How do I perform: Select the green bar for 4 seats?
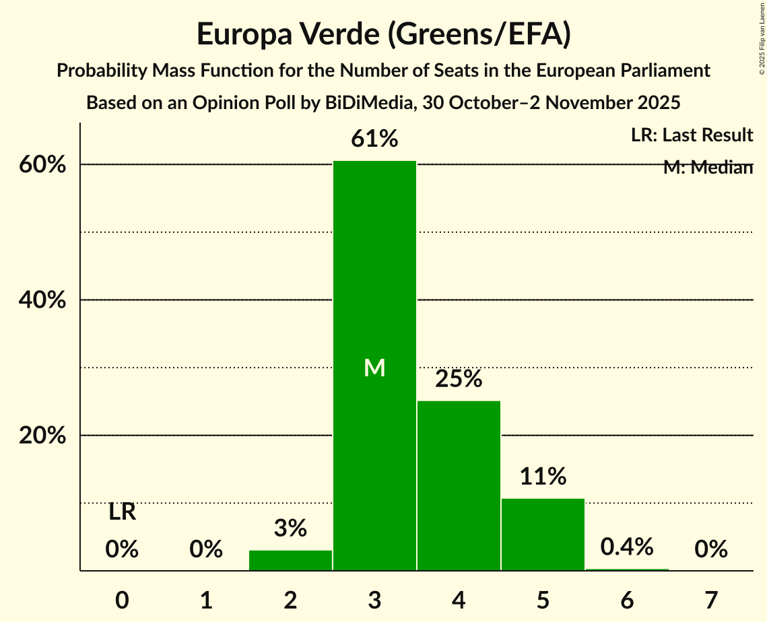[x=459, y=485]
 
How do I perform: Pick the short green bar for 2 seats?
[x=290, y=560]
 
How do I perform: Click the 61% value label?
[x=374, y=139]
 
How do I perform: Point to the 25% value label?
[x=459, y=379]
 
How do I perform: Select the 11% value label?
[x=543, y=477]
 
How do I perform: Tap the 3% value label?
[x=290, y=528]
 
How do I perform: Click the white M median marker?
[x=374, y=368]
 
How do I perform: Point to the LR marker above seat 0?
[x=122, y=512]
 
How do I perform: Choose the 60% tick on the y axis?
[x=42, y=165]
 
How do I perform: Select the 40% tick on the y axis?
[x=42, y=300]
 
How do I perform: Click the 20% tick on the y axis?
[x=42, y=436]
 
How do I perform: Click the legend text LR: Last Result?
[x=692, y=135]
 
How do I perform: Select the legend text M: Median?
[x=707, y=168]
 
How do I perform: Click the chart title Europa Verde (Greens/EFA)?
[x=384, y=34]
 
